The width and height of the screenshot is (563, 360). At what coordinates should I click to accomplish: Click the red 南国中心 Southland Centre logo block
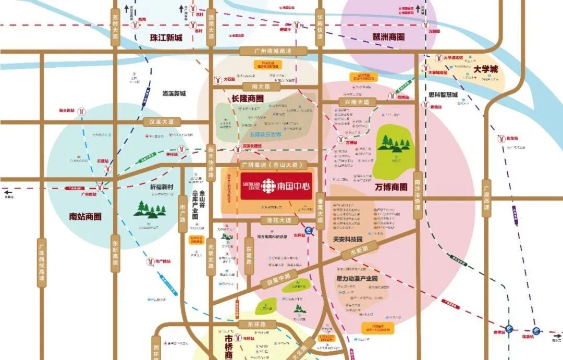click(x=277, y=185)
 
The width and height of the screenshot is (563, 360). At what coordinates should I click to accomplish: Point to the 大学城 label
click(x=486, y=69)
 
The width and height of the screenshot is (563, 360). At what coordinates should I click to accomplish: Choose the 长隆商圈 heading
click(x=248, y=98)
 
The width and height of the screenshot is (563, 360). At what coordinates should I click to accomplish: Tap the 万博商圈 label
click(x=390, y=187)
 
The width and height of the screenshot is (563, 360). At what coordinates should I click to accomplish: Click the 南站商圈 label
click(x=85, y=216)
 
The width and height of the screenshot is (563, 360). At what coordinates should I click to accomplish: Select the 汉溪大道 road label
click(x=162, y=122)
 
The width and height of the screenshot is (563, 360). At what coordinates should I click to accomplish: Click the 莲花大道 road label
click(x=279, y=220)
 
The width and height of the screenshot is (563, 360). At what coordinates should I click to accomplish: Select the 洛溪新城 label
click(x=174, y=94)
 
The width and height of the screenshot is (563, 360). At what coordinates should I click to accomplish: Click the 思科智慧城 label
click(x=443, y=95)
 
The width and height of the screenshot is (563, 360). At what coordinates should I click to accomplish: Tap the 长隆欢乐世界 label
click(x=265, y=134)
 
